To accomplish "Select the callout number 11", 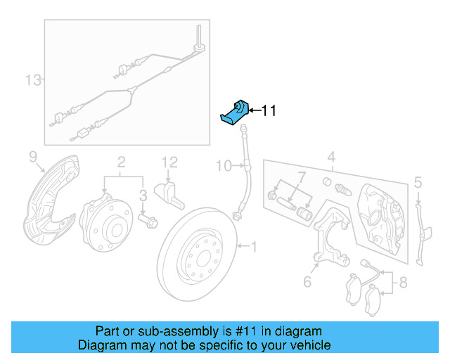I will tap(269, 110).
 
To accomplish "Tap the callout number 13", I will tap(33, 79).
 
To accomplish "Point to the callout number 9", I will tap(32, 155).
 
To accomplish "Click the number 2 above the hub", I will tap(121, 161).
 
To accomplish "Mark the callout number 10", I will tap(222, 166).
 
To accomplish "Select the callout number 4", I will tap(331, 156).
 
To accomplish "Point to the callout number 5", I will tap(418, 183).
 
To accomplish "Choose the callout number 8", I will tap(403, 284).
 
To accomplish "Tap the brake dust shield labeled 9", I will tap(46, 204).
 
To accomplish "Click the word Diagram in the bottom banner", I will tap(100, 345).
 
